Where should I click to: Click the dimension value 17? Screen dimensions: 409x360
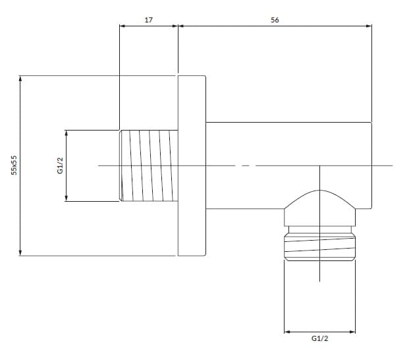coord(149,20)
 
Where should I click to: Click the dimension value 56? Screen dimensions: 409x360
coord(275,20)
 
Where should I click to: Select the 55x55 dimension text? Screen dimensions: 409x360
coord(14,165)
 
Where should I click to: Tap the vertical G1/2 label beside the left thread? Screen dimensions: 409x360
coord(60,165)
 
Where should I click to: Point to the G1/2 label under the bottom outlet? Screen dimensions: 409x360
coord(319,338)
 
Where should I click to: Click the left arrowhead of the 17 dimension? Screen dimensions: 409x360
coord(123,26)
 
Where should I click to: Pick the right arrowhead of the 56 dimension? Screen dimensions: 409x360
coord(369,26)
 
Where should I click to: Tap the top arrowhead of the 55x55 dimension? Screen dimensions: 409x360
coord(20,78)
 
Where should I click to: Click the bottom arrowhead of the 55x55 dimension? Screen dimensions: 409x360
coord(20,253)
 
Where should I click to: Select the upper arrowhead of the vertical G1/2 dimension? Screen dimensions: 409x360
coord(67,133)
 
